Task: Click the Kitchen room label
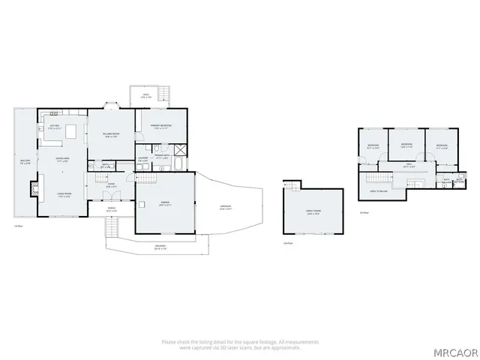tap(54, 126)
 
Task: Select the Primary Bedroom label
tap(160, 126)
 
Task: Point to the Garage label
tap(164, 202)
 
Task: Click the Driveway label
tap(225, 208)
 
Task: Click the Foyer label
tap(110, 184)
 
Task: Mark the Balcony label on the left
tap(24, 161)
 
